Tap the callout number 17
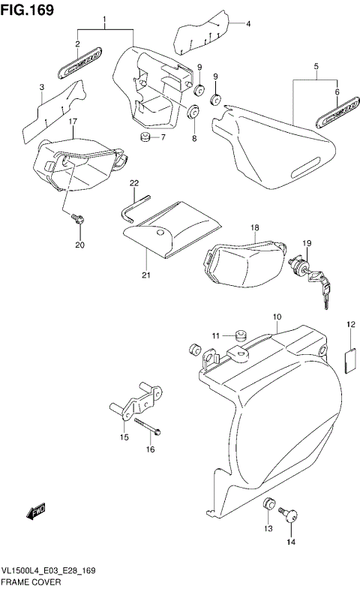coord(73,121)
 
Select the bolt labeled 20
coord(77,218)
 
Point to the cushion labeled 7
coord(145,137)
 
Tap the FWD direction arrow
coord(37,512)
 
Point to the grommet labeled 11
coord(241,335)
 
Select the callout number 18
coord(254,227)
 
